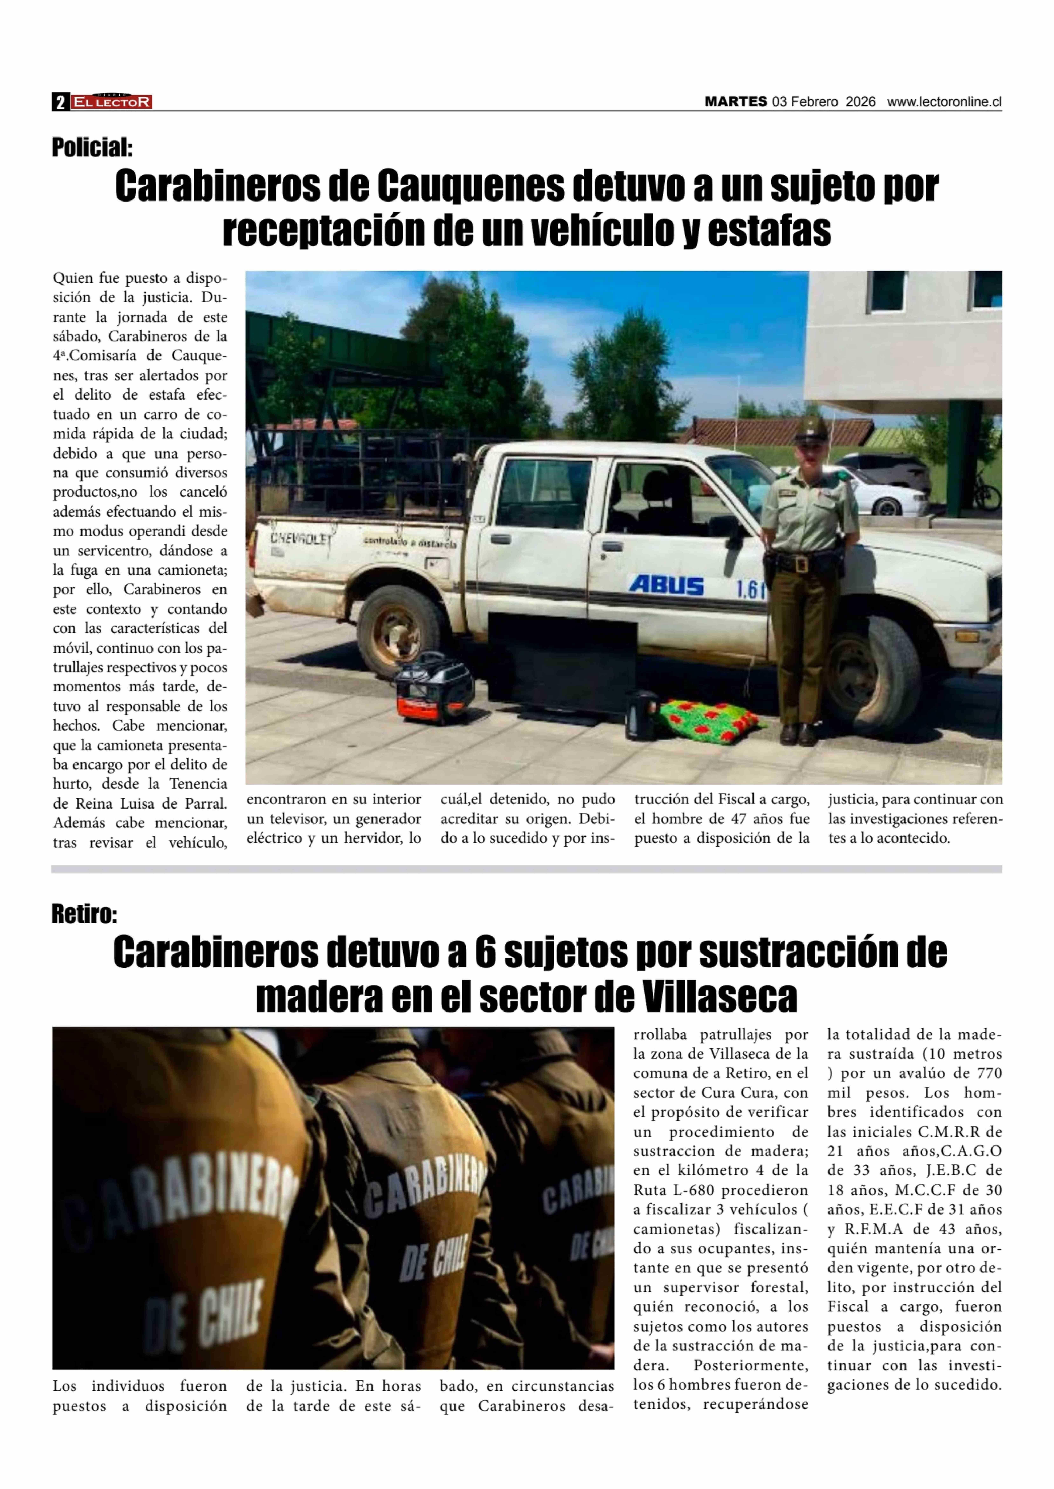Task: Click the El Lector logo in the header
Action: pyautogui.click(x=112, y=102)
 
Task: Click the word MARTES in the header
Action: pyautogui.click(x=736, y=102)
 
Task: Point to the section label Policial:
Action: pyautogui.click(x=92, y=148)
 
